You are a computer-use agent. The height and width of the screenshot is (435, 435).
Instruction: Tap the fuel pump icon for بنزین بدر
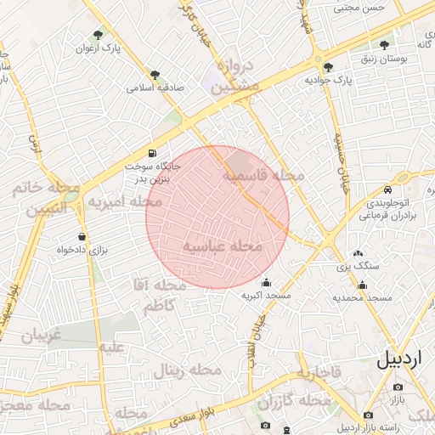[x=151, y=153]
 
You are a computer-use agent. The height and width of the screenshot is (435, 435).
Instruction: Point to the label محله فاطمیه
[x=263, y=175]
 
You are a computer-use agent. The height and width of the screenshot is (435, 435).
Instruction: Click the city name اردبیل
[x=398, y=359]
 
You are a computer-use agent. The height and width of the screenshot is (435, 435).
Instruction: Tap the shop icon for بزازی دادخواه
[x=82, y=236]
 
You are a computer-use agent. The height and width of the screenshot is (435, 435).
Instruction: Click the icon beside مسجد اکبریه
[x=266, y=283]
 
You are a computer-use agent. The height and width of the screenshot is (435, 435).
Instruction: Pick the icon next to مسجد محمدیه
[x=363, y=285]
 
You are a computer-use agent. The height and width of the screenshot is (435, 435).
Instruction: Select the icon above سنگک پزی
[x=358, y=253]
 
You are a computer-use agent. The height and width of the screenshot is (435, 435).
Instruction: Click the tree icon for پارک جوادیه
[x=329, y=66]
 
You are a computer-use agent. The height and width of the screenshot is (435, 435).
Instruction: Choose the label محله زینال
[x=187, y=371]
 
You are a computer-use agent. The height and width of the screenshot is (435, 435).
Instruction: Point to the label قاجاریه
[x=319, y=372]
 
